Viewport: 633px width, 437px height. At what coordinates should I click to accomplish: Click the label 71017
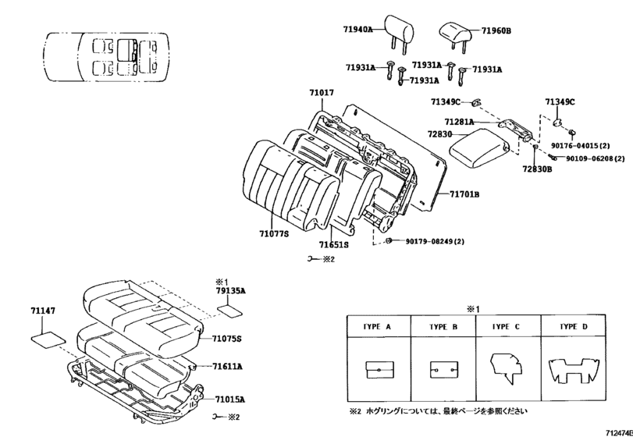click(x=321, y=93)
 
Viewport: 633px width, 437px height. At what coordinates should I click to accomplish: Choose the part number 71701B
click(x=464, y=194)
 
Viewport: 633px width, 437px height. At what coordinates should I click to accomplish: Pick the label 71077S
click(x=274, y=232)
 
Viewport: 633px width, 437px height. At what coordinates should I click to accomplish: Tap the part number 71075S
click(x=227, y=337)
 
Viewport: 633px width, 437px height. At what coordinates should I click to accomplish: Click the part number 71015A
click(x=230, y=398)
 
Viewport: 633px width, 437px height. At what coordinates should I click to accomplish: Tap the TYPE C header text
click(x=503, y=326)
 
